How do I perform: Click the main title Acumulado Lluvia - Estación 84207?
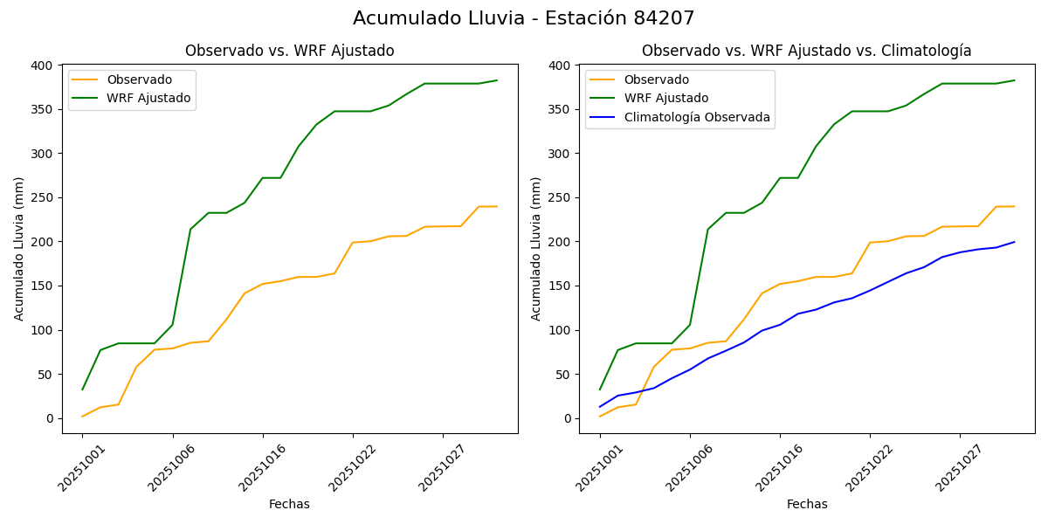[x=524, y=18]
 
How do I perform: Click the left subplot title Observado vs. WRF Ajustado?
[x=289, y=51]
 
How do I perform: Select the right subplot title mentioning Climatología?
[x=806, y=51]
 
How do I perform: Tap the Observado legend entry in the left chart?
[x=139, y=80]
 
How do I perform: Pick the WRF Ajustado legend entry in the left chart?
[x=148, y=98]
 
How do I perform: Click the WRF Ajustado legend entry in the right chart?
[x=665, y=98]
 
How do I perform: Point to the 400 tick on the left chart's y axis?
[x=42, y=65]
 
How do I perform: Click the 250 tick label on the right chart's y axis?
[x=559, y=198]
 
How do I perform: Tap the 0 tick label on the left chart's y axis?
[x=51, y=419]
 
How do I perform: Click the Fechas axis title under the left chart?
[x=289, y=504]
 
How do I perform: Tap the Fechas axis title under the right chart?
[x=806, y=504]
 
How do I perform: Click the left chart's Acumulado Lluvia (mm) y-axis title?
[x=19, y=249]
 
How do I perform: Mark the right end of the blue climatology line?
[x=1014, y=242]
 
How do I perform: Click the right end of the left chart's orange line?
[x=497, y=206]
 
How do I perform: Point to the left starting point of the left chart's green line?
[x=83, y=390]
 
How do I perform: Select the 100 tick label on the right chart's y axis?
[x=559, y=331]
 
